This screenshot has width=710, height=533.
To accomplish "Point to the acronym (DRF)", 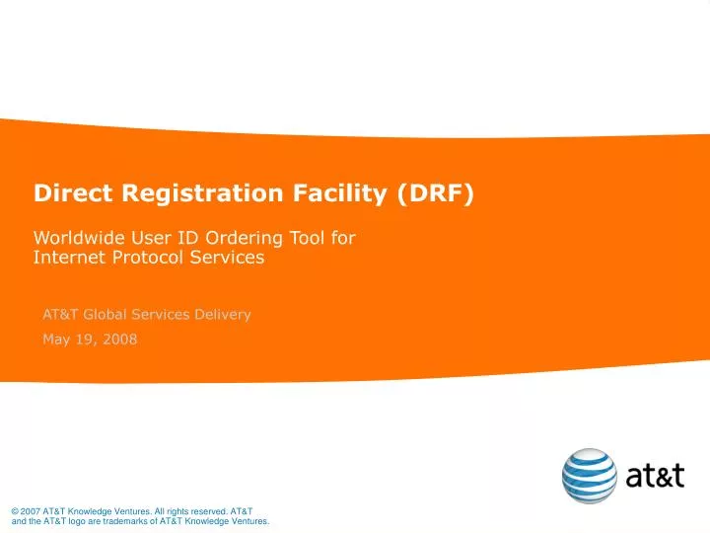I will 437,193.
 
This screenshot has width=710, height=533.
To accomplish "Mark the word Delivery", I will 221,315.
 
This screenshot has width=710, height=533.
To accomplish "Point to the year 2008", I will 120,340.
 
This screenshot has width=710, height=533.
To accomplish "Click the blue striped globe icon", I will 590,476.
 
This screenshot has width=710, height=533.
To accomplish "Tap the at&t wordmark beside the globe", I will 655,477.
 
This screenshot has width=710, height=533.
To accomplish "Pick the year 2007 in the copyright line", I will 31,510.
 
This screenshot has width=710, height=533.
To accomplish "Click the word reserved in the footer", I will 207,510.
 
